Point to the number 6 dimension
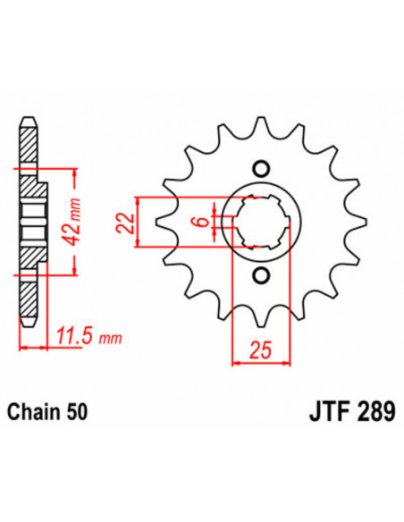[x=203, y=219]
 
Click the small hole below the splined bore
[x=260, y=275]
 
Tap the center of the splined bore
[x=260, y=222]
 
